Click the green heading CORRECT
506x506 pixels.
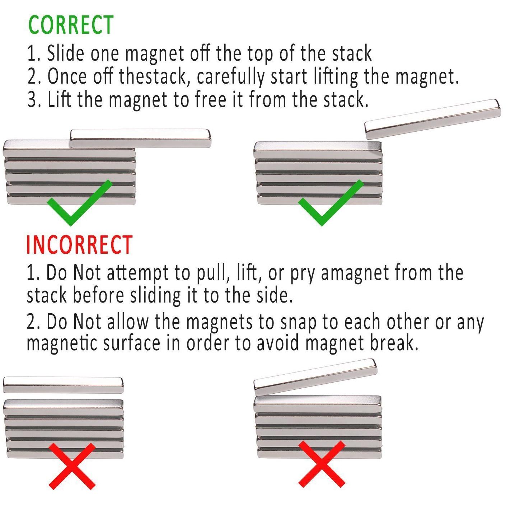[71, 25]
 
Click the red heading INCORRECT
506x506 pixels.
[79, 244]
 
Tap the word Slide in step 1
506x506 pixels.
[66, 53]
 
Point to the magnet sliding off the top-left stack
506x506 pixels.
[140, 138]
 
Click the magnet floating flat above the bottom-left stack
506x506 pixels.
[63, 385]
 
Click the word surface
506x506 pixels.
[132, 343]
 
